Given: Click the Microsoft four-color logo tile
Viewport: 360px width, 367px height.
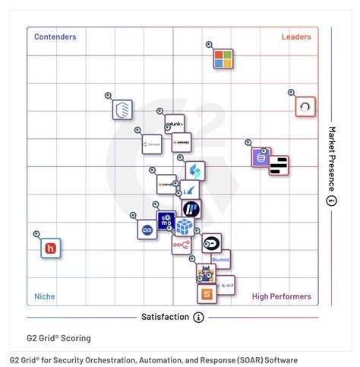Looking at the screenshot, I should tap(223, 59).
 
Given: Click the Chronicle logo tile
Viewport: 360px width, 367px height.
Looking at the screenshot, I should tap(152, 143).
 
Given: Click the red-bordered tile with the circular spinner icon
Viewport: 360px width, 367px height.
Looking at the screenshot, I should tap(305, 106).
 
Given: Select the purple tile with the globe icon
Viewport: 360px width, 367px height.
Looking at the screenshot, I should tap(261, 157).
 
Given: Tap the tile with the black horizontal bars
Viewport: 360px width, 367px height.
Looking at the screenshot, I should tap(279, 165).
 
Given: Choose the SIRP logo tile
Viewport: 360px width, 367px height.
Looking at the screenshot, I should tap(226, 286).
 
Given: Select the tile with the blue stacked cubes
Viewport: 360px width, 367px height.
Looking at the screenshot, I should tap(185, 226).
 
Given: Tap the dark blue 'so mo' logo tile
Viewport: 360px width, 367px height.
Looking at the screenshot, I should tap(166, 220).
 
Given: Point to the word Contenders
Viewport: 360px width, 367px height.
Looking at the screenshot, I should tap(55, 36).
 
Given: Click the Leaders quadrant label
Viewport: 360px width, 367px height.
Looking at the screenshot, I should tap(295, 36).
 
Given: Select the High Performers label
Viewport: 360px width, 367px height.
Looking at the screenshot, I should tap(281, 296).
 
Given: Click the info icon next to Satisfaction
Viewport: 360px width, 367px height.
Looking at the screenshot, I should tap(198, 317).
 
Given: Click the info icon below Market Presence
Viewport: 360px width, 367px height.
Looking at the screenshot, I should tap(331, 201).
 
